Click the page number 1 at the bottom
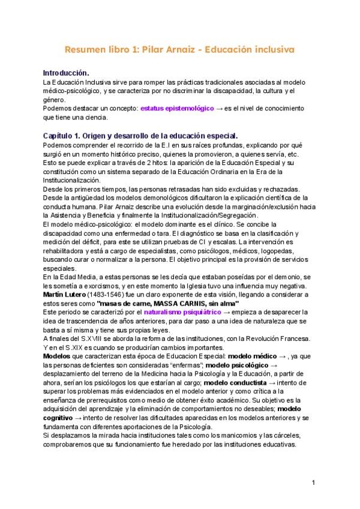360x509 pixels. (x=314, y=482)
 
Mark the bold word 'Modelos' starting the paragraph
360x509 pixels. (x=58, y=356)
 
